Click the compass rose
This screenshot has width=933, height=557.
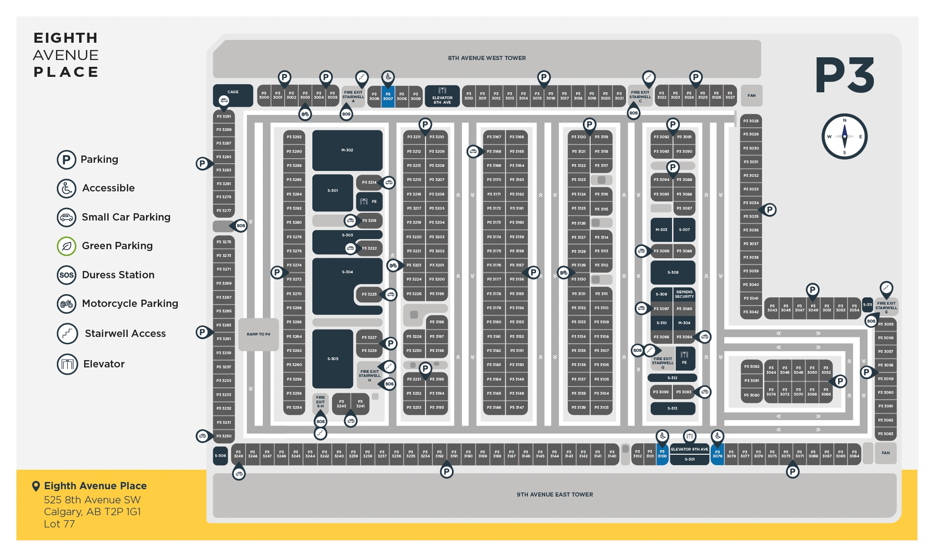click(844, 136)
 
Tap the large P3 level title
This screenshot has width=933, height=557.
click(844, 75)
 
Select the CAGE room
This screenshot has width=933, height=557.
click(233, 95)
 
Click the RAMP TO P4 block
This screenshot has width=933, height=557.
click(258, 334)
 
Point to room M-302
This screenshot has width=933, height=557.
click(347, 150)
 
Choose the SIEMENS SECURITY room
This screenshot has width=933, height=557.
click(684, 294)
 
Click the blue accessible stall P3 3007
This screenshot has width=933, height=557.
click(388, 96)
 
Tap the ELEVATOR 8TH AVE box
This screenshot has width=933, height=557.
click(442, 96)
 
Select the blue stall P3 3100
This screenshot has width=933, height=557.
click(662, 454)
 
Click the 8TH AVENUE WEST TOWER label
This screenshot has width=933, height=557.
click(487, 58)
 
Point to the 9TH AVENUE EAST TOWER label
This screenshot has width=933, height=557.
click(555, 495)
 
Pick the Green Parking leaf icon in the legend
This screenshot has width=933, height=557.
click(66, 246)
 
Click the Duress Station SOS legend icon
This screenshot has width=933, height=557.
click(66, 275)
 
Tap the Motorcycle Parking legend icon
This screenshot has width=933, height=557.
click(66, 304)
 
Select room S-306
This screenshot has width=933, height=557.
click(220, 456)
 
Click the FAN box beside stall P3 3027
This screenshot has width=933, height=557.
click(751, 95)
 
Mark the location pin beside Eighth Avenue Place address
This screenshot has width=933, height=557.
click(36, 486)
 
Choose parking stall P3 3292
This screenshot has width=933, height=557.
click(294, 137)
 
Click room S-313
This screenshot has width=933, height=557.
click(672, 408)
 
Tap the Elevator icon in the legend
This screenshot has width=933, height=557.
click(67, 364)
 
